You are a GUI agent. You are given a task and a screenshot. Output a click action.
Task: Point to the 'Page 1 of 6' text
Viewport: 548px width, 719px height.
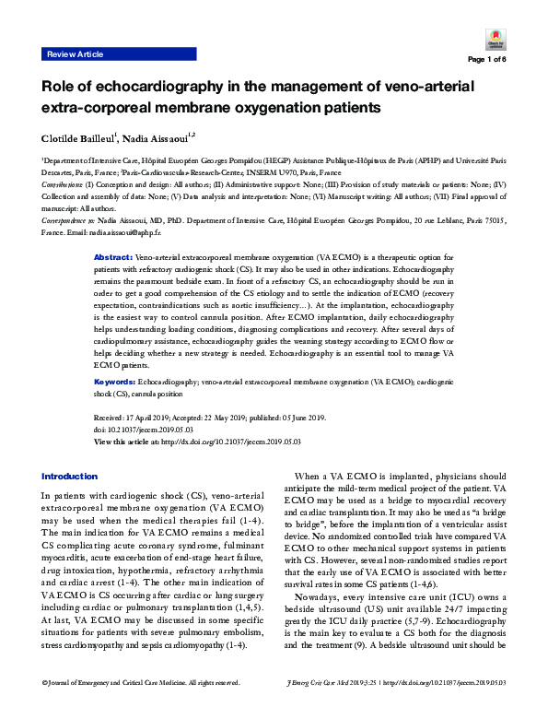pyautogui.click(x=487, y=60)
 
